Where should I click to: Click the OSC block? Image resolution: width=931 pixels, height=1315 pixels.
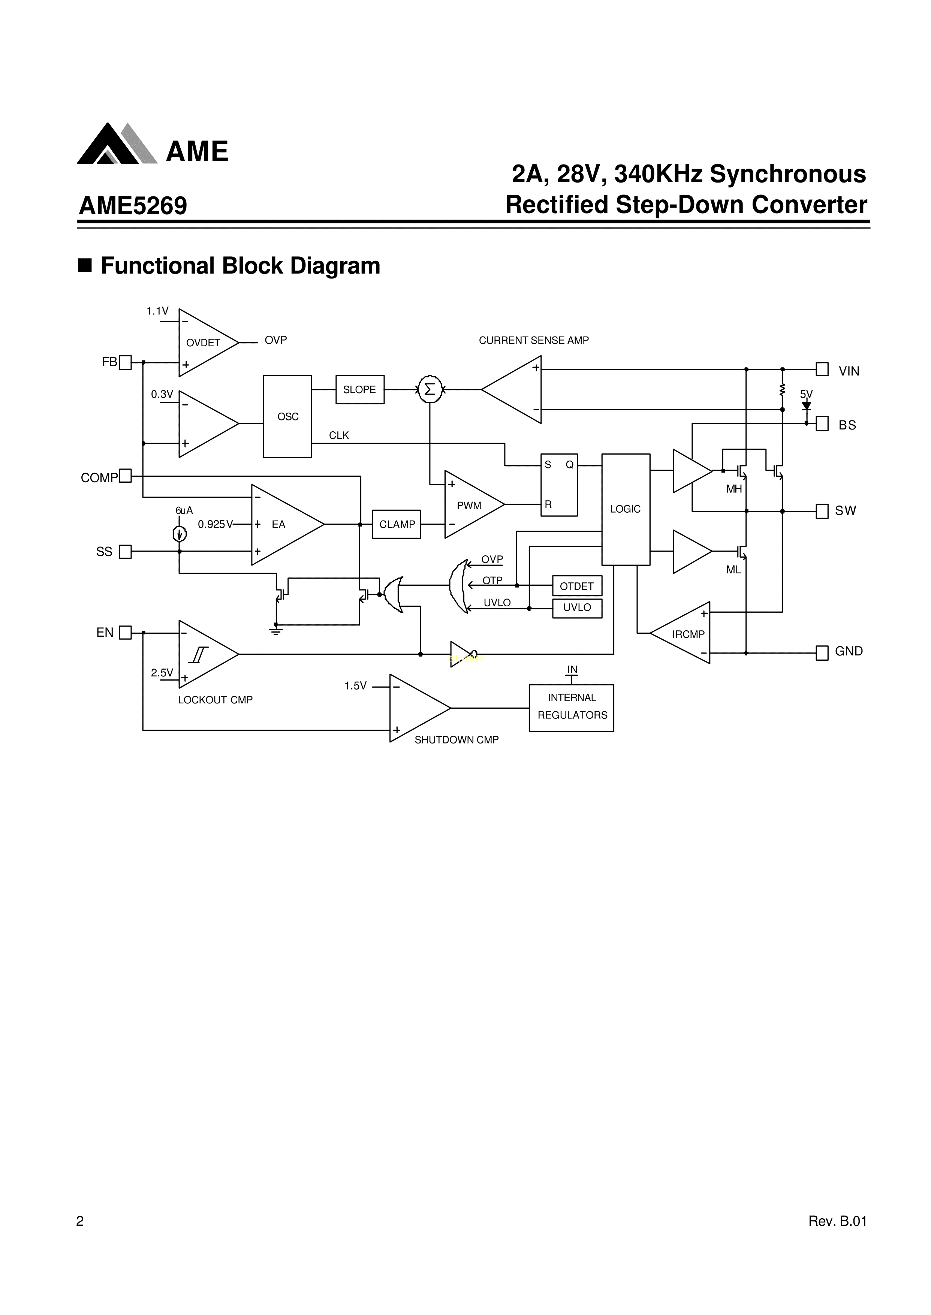pyautogui.click(x=287, y=416)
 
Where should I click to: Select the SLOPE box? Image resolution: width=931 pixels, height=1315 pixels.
pyautogui.click(x=359, y=390)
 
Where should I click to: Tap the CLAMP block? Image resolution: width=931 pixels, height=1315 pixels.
pyautogui.click(x=397, y=524)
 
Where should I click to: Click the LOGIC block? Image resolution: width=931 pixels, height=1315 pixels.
pyautogui.click(x=626, y=509)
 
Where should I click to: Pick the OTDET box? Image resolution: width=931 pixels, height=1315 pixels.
pyautogui.click(x=577, y=586)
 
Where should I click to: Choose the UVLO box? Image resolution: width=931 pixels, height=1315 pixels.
pyautogui.click(x=577, y=607)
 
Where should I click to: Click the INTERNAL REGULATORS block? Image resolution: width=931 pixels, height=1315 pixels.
pyautogui.click(x=572, y=708)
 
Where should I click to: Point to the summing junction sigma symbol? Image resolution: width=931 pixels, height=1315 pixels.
pyautogui.click(x=430, y=390)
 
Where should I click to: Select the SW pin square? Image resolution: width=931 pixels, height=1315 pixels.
pyautogui.click(x=822, y=511)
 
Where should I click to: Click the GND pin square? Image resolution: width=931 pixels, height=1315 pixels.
pyautogui.click(x=822, y=652)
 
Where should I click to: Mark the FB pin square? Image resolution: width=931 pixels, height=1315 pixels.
pyautogui.click(x=125, y=362)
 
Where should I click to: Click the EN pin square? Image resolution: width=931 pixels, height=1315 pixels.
pyautogui.click(x=125, y=632)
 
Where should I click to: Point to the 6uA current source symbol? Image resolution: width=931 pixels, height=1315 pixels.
pyautogui.click(x=180, y=534)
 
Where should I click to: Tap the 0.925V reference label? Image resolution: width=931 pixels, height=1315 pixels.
pyautogui.click(x=215, y=524)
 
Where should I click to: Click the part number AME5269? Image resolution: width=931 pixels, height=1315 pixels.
pyautogui.click(x=133, y=205)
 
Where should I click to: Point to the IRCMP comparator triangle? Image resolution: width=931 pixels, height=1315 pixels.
pyautogui.click(x=685, y=633)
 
